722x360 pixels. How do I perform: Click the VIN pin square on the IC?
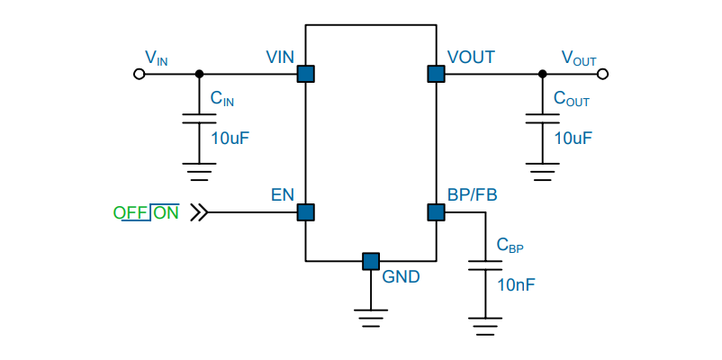pos(305,74)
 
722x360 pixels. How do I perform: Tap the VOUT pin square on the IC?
pos(436,74)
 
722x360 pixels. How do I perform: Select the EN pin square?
pos(305,212)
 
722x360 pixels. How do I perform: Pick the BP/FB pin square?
pos(436,212)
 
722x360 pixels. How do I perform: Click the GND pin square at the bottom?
pos(371,261)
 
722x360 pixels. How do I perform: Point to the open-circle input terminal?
pos(139,74)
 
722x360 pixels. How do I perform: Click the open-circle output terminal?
pos(602,74)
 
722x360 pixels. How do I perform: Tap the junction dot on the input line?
pos(199,74)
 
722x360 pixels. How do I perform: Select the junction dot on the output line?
pos(543,74)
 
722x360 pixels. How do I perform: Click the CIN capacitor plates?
pos(199,118)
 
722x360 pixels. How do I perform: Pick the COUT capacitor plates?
pos(543,118)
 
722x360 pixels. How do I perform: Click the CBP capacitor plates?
pos(485,265)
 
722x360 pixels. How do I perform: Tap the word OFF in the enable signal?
pos(131,213)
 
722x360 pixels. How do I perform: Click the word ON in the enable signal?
pos(166,213)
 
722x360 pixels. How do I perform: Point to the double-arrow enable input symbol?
pos(199,212)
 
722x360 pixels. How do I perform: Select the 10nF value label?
pos(516,285)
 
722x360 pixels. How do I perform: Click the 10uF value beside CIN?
pos(230,138)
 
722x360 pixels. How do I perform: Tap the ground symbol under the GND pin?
pos(371,318)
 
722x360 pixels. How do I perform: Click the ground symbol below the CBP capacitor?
pos(485,327)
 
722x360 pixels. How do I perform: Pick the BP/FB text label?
pos(472,195)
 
